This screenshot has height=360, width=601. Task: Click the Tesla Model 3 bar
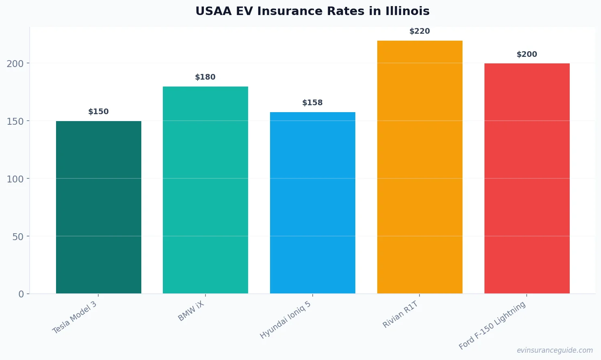pos(99,207)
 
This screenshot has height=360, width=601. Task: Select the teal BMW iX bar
pos(205,190)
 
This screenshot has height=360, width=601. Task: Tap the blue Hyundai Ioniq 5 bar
pos(313,203)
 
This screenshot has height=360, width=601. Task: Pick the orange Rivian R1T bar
pos(419,167)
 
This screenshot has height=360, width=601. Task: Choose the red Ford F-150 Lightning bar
pos(527,178)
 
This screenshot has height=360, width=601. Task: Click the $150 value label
pos(99,112)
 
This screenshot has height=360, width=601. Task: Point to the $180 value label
pos(205,77)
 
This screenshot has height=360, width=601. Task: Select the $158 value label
pos(313,103)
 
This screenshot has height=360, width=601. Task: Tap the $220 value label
pos(419,31)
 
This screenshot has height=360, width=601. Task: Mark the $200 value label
pos(527,54)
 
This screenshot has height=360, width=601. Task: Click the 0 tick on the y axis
pos(21,294)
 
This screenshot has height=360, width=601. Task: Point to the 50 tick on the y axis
pos(18,236)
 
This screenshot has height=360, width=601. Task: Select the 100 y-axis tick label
pos(15,179)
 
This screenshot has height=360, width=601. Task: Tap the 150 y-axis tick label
pos(15,121)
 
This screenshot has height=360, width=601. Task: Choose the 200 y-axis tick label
pos(15,63)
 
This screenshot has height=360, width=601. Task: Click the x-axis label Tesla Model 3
pos(75,317)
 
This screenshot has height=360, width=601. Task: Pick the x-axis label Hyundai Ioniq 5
pos(285,320)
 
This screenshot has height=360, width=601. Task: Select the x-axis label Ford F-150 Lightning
pos(492,325)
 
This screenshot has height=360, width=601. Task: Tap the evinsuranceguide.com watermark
pos(555,350)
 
